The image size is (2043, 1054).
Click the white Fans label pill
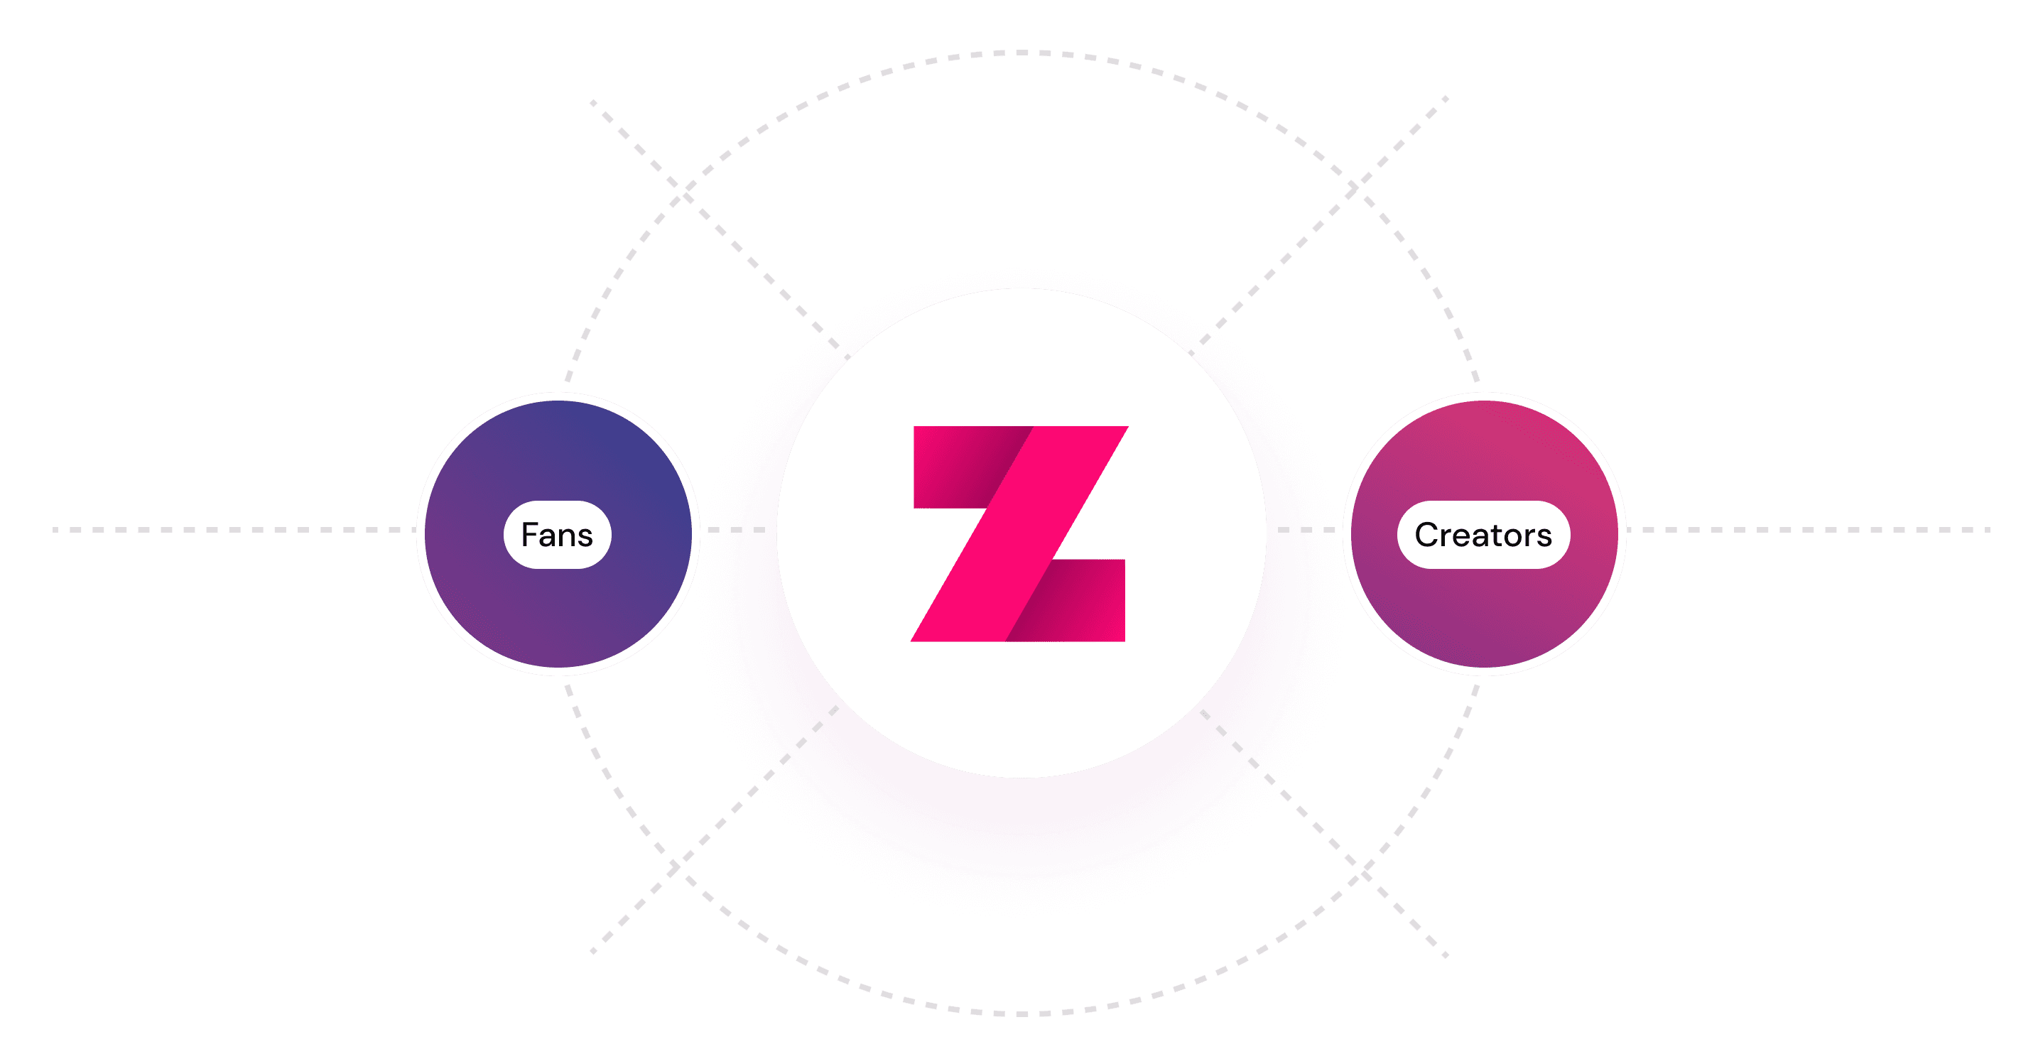click(558, 535)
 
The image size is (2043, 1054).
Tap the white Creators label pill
click(1483, 535)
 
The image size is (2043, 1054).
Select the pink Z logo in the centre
click(1020, 533)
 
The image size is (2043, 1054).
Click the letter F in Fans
click(530, 535)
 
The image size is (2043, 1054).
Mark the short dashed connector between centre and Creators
click(1306, 530)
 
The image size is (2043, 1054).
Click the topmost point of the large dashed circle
click(1021, 53)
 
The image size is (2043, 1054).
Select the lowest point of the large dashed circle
click(1021, 1014)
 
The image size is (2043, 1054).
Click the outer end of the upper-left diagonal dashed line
click(593, 102)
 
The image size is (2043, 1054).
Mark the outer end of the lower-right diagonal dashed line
click(1445, 955)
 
